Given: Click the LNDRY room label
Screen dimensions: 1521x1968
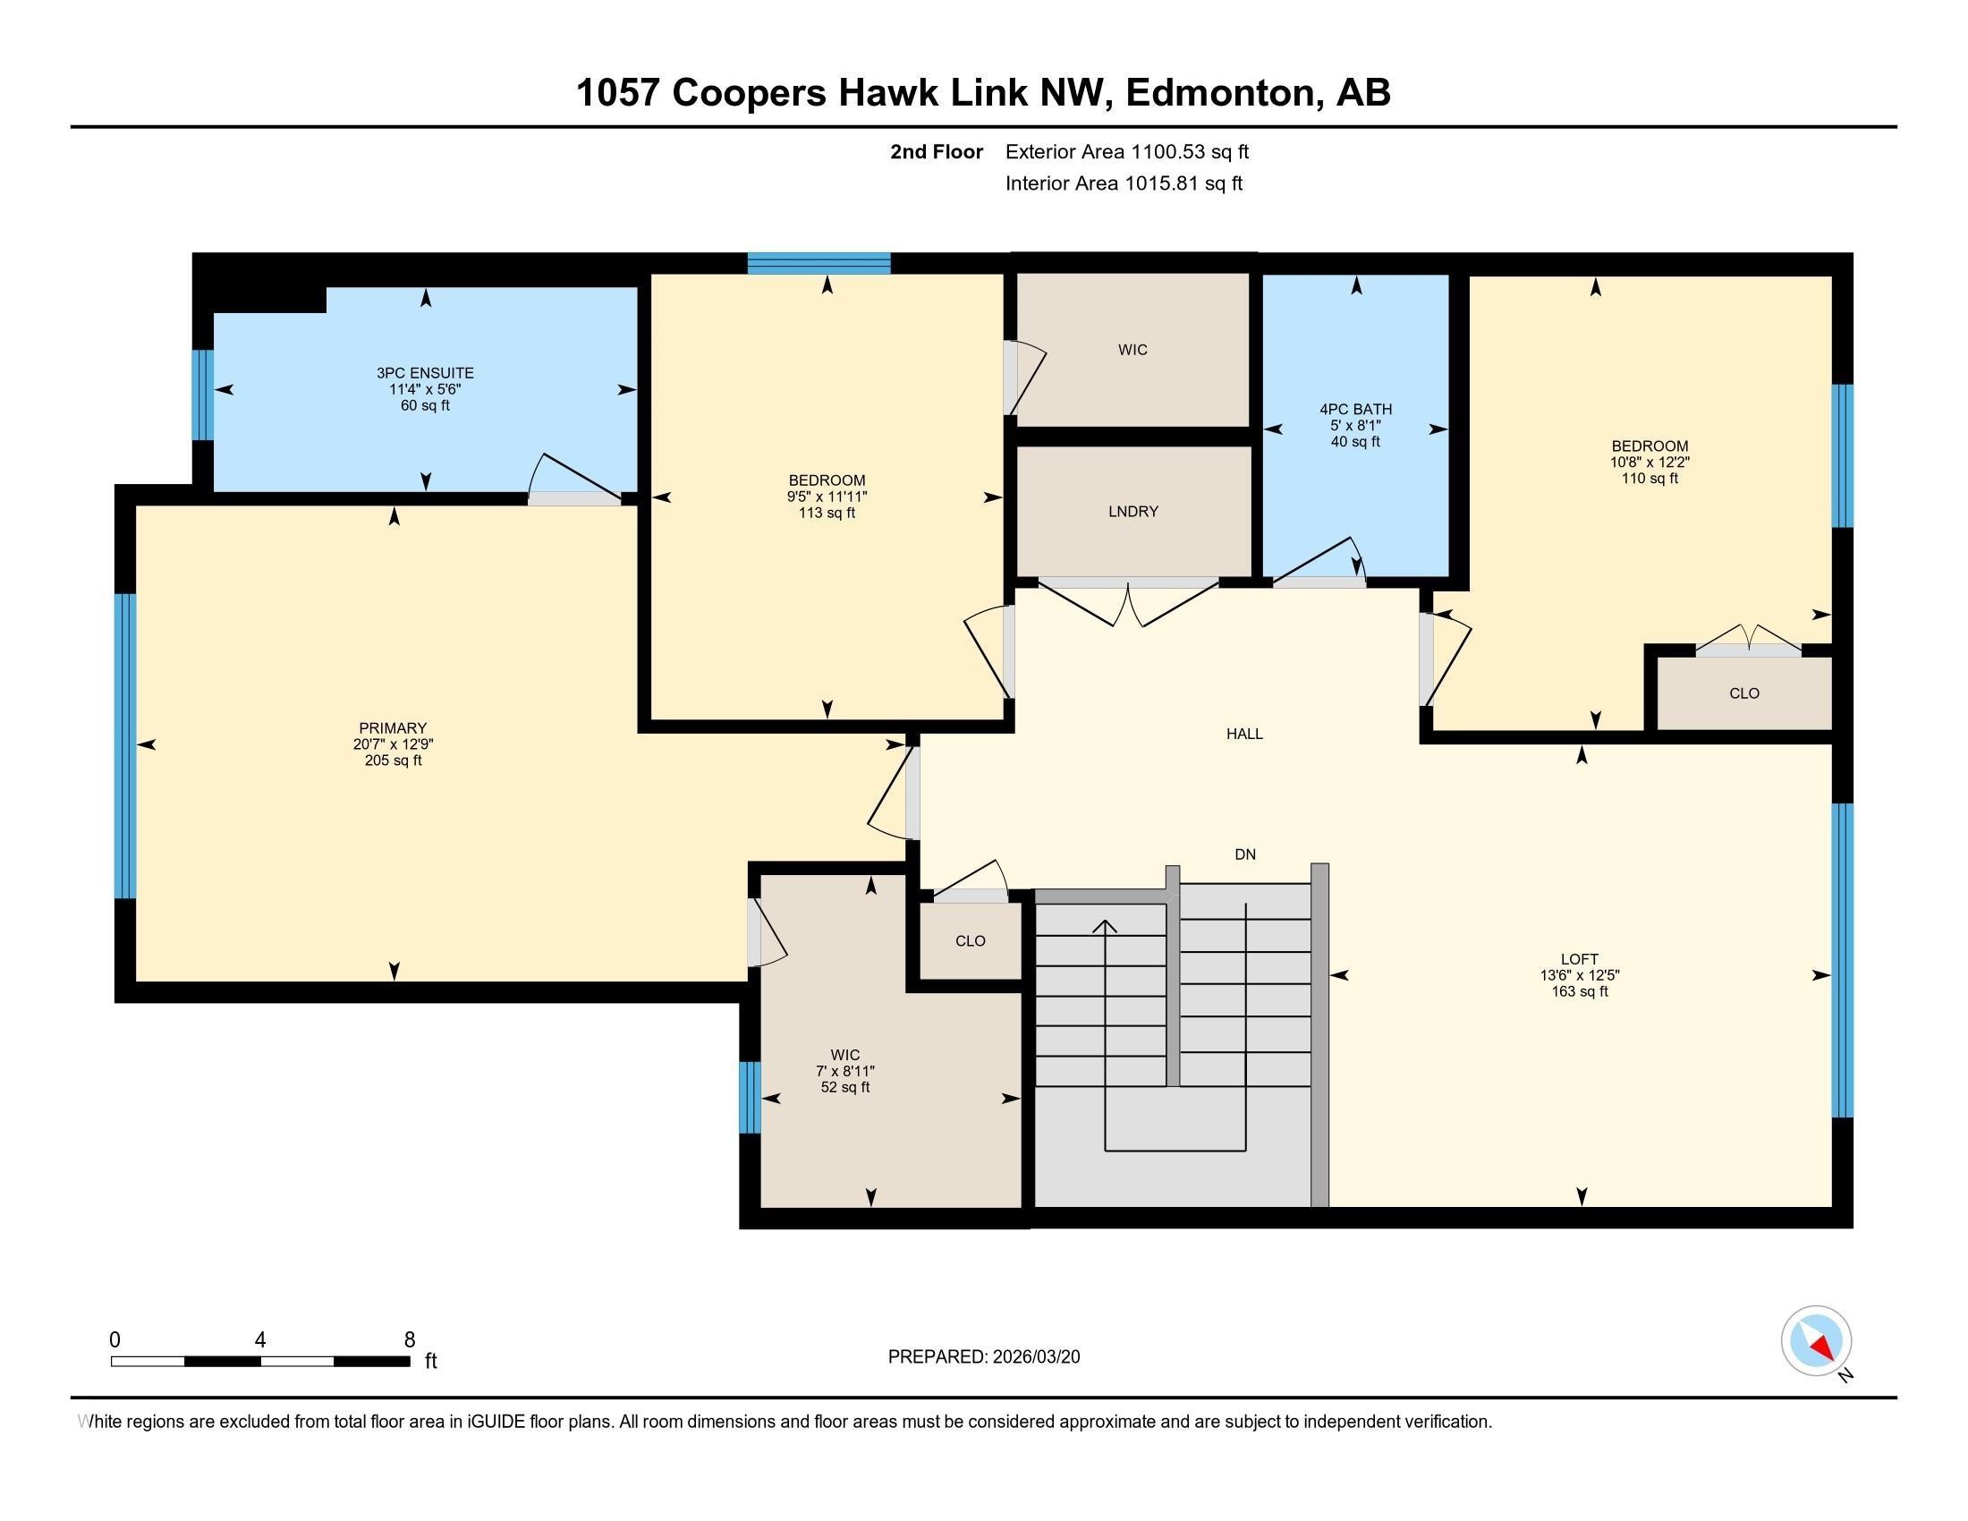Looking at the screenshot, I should (x=1132, y=512).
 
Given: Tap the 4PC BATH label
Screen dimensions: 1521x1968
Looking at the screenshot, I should (x=1355, y=410).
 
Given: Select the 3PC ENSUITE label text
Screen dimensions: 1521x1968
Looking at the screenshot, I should (x=424, y=373).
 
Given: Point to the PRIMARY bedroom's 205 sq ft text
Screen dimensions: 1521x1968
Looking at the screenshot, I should (x=393, y=760).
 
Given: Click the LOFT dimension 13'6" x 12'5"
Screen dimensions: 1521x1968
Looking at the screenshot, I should (x=1579, y=975).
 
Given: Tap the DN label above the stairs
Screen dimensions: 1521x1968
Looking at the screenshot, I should (x=1244, y=854).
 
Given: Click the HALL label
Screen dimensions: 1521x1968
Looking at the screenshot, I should (x=1244, y=735).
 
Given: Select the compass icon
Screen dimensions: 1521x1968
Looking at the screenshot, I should (x=1816, y=1341).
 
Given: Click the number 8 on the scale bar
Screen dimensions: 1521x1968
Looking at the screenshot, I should (x=409, y=1339).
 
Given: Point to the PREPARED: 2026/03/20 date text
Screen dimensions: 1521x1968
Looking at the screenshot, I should (x=983, y=1357).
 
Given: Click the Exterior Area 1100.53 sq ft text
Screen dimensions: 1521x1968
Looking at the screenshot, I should (x=1126, y=152).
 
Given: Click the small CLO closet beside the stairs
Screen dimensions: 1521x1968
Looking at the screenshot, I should (x=970, y=940).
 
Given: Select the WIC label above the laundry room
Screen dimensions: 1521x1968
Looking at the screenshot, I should (x=1132, y=350).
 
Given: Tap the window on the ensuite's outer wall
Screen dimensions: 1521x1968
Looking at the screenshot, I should (x=204, y=395).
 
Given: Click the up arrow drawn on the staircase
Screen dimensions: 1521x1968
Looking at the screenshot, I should (x=1105, y=928).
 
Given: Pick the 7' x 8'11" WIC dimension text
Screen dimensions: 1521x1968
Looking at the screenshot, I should (x=844, y=1071).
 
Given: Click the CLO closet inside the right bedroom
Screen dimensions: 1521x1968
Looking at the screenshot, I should (x=1743, y=693).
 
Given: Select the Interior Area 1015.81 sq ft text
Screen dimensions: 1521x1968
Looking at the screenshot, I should (x=1124, y=183).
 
